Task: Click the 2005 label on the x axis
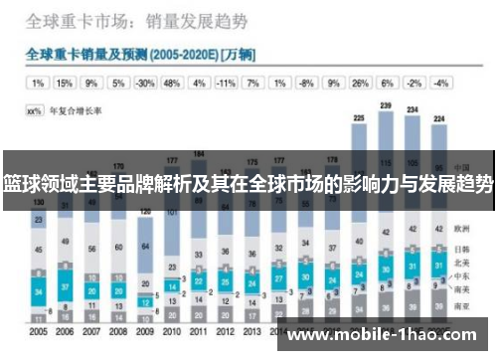(39, 331)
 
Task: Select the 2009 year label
(146, 331)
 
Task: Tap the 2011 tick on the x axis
(199, 331)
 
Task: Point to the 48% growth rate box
(172, 84)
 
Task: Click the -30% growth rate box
(145, 84)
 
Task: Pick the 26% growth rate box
(360, 84)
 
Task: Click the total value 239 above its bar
(386, 105)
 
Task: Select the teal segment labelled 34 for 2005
(39, 290)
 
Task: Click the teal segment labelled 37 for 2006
(66, 287)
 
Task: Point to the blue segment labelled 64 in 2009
(146, 246)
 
